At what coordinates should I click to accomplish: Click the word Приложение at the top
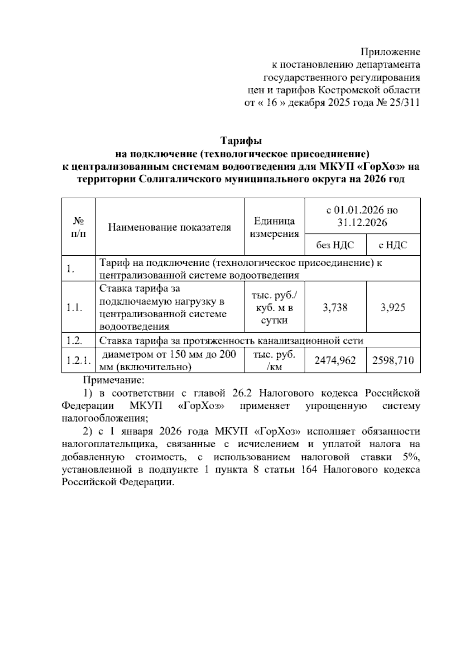click(x=390, y=52)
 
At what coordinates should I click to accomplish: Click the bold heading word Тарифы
click(x=241, y=140)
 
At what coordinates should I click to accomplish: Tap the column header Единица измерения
click(x=274, y=227)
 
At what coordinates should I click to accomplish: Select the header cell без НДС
click(x=335, y=245)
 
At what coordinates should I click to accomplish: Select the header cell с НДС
click(x=393, y=245)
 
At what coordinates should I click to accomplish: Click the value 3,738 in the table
click(x=335, y=307)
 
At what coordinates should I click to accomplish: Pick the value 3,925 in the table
click(x=393, y=307)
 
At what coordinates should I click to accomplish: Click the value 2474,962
click(x=335, y=360)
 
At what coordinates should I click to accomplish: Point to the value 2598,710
click(x=393, y=360)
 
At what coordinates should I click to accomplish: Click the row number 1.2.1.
click(x=78, y=360)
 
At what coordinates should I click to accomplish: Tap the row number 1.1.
click(x=74, y=307)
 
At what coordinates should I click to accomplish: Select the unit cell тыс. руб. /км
click(x=274, y=360)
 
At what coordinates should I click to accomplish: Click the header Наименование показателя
click(x=170, y=227)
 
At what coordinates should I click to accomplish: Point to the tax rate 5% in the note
click(x=412, y=457)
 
